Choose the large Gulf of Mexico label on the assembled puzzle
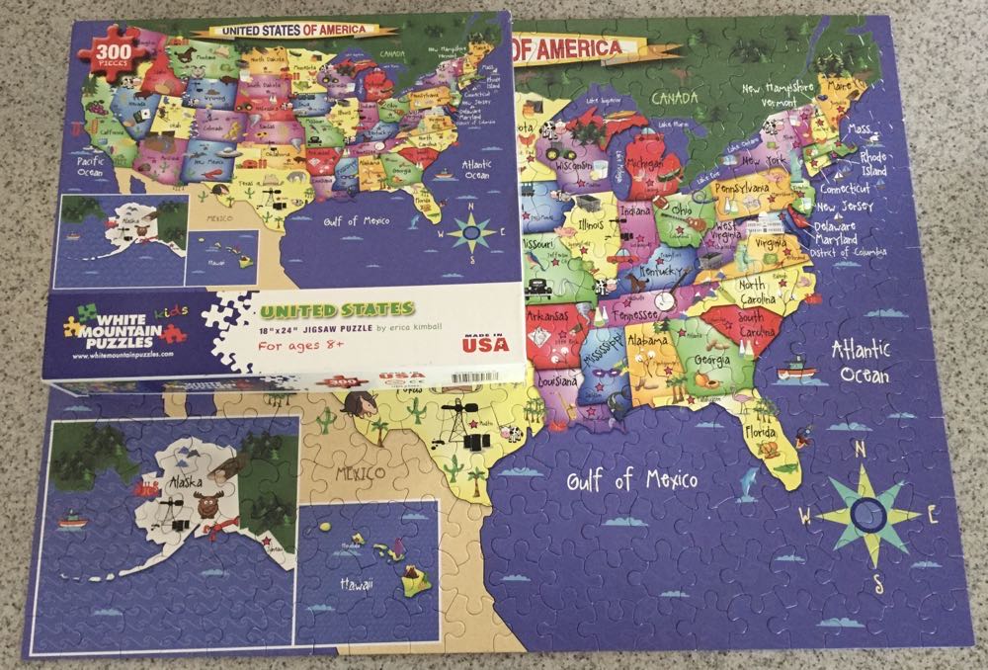631,481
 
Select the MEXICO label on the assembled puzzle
359,473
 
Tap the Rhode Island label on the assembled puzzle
873,162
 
